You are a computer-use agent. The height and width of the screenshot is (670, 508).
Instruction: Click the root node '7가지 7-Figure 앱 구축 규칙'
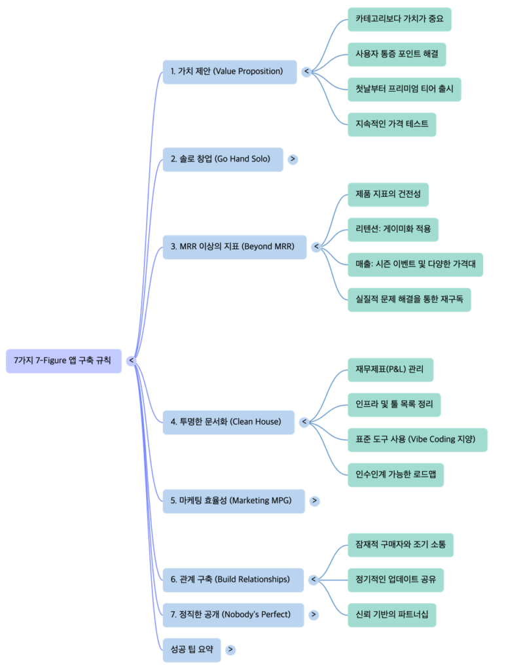63,361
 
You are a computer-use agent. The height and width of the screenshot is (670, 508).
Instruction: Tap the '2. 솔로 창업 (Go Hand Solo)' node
223,159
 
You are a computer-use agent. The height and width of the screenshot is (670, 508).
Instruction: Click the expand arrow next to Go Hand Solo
293,159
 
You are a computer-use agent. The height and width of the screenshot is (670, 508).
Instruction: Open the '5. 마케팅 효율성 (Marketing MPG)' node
234,501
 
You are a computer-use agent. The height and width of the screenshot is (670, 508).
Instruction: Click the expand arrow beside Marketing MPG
315,501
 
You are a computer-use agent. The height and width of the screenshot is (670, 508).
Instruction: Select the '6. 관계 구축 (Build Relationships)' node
234,580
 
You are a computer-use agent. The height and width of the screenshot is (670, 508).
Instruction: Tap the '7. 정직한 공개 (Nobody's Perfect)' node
233,615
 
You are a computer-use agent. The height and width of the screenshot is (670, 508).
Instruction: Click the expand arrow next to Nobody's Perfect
314,615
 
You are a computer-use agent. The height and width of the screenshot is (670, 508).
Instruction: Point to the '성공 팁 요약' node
191,650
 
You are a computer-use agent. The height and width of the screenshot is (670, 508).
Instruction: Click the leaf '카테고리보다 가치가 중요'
399,19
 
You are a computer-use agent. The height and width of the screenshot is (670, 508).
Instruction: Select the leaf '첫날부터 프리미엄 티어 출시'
404,89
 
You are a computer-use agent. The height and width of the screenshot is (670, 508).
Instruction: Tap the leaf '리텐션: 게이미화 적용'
393,230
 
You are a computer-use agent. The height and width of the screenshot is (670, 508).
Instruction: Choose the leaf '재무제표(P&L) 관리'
390,370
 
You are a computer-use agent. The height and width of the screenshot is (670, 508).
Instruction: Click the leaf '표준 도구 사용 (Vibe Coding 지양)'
417,440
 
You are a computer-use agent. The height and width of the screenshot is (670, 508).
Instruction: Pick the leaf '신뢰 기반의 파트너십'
391,615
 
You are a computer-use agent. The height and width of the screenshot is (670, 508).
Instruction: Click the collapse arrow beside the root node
132,361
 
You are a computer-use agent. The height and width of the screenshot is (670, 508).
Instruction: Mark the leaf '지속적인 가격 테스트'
391,124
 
